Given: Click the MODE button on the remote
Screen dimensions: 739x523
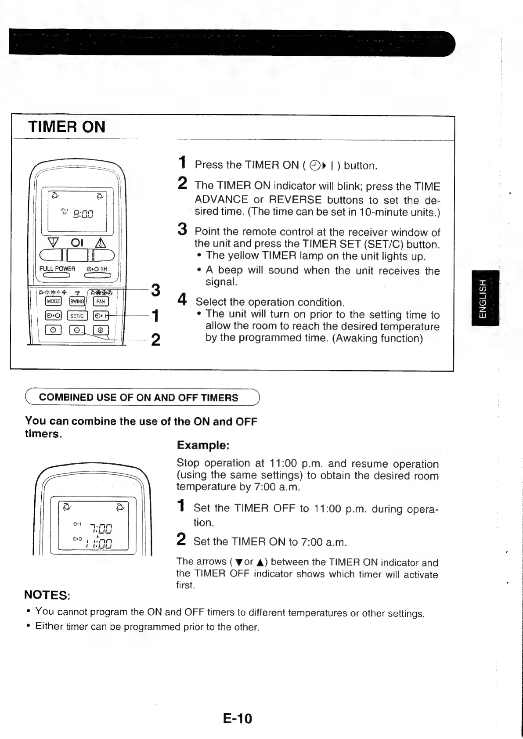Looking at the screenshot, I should (x=54, y=301).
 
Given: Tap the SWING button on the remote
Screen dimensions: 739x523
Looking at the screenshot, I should (x=77, y=301).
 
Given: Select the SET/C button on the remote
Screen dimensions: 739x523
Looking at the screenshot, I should (x=77, y=316).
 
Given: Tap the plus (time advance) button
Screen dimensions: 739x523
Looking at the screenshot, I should (x=101, y=330).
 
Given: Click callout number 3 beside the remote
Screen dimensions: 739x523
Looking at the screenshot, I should (x=155, y=290).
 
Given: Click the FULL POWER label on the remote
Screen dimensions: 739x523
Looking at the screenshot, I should (x=57, y=269).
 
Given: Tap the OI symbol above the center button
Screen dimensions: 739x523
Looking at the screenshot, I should (x=77, y=243).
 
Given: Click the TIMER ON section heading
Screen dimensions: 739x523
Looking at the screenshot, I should (x=67, y=127).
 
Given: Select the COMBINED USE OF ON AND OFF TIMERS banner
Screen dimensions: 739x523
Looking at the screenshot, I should (x=139, y=398).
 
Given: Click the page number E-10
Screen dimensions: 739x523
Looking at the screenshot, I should (x=238, y=718).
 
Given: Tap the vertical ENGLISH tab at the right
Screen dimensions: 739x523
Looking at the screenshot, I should (x=483, y=299).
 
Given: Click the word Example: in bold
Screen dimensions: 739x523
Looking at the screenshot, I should (x=203, y=445).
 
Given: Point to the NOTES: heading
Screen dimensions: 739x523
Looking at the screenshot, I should (x=47, y=595).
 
